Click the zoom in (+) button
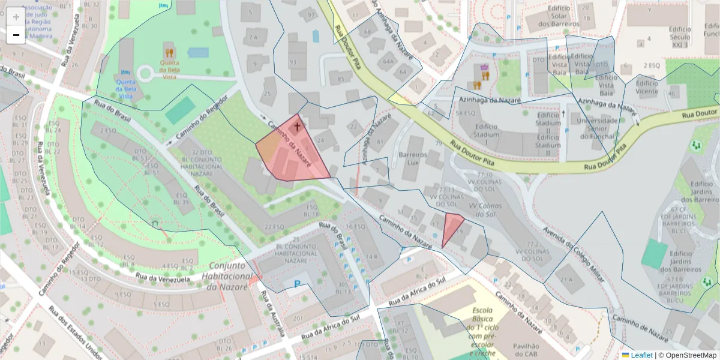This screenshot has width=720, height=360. (16, 17)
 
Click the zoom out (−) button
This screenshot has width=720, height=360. (16, 35)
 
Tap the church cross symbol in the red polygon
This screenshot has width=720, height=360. (296, 127)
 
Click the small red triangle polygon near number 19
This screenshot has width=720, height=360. (451, 227)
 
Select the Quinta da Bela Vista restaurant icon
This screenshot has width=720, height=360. (170, 53)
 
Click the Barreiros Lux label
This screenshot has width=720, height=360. (412, 158)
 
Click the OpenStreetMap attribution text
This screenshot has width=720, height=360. (687, 355)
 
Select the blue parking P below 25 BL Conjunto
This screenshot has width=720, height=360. (296, 284)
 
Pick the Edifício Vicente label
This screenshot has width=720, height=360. (647, 88)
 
